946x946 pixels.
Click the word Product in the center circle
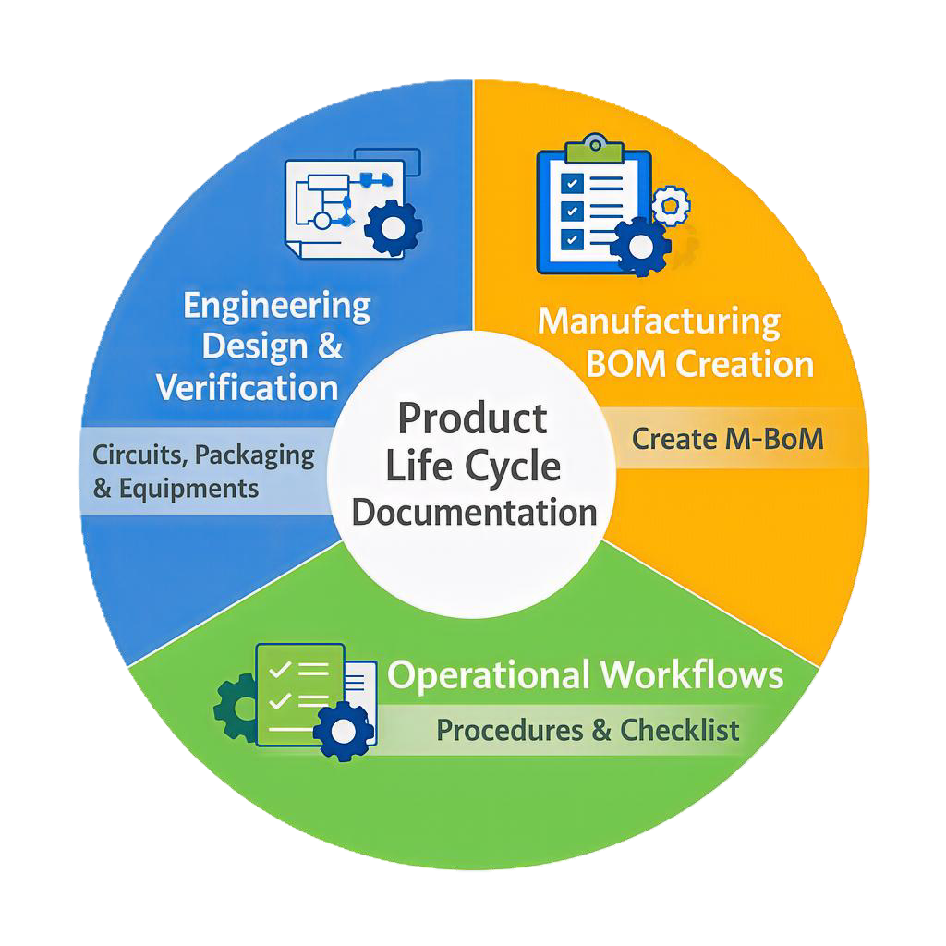coord(472,419)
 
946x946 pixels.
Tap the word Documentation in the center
coord(474,513)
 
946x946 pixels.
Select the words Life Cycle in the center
coord(472,467)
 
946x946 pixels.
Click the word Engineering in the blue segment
coord(277,306)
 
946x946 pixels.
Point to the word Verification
coord(247,388)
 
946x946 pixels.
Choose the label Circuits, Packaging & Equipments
coord(203,471)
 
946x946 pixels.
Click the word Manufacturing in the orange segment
coord(659,322)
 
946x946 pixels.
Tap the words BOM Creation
coord(700,364)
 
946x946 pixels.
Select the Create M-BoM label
coord(727,439)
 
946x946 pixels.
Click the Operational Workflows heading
coord(586,675)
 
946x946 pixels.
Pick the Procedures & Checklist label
coord(588,731)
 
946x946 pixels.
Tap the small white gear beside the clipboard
coord(670,203)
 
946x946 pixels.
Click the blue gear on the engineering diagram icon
coord(394,224)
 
